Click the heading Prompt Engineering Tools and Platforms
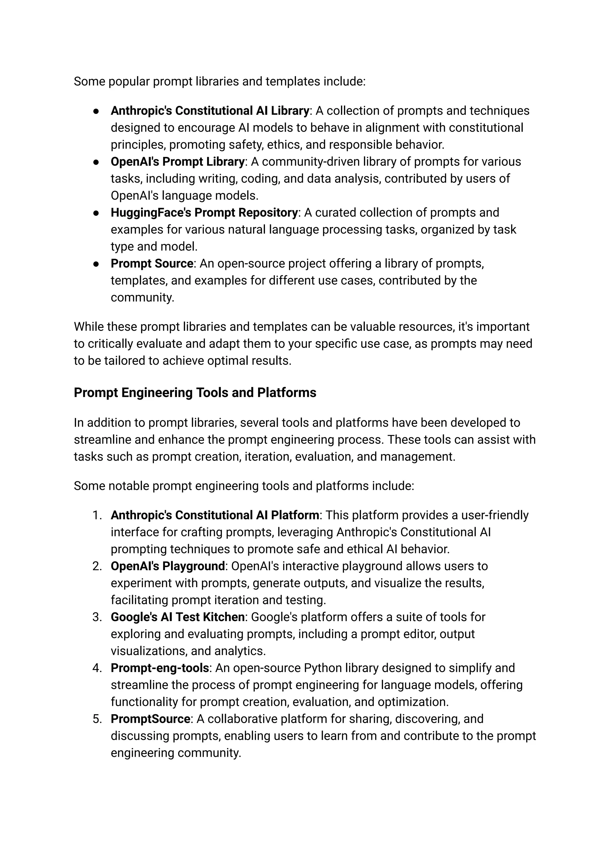[x=195, y=393]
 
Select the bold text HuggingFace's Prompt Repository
[x=204, y=213]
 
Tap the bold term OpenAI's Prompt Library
[x=178, y=162]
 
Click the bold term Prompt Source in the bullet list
[x=152, y=263]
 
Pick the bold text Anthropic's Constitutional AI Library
[x=210, y=111]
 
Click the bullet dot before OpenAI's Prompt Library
[x=96, y=162]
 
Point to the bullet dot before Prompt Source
[x=96, y=264]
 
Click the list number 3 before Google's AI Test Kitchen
[x=97, y=617]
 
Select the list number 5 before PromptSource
[x=97, y=719]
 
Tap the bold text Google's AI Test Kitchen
[x=178, y=617]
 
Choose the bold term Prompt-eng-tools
[x=160, y=668]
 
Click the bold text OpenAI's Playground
[x=168, y=566]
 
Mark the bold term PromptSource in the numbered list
[x=150, y=719]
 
